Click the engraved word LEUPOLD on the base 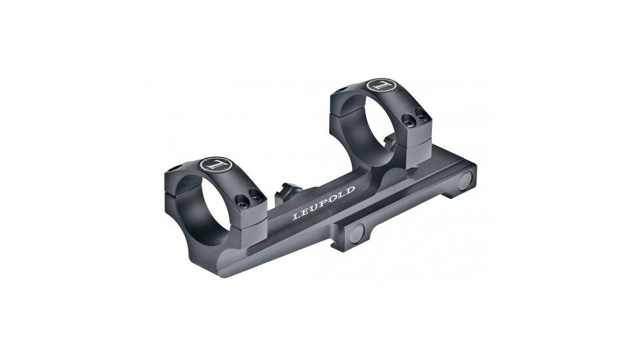(x=323, y=202)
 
